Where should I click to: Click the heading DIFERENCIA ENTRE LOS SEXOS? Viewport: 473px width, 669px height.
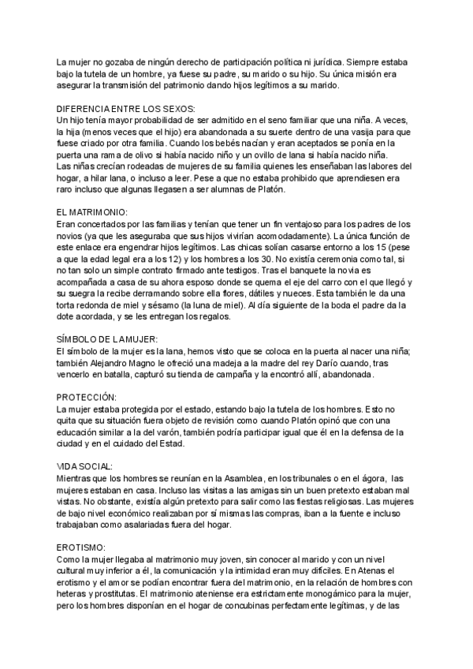pos(125,108)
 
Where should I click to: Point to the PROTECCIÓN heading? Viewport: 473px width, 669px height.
pos(88,396)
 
